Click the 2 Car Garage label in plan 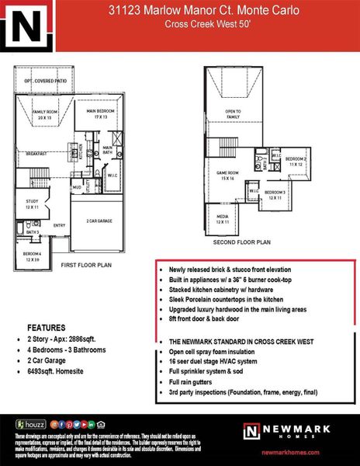(99, 221)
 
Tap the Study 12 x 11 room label (31, 204)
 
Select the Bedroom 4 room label (32, 256)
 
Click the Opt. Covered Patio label (43, 81)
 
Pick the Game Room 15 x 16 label (227, 176)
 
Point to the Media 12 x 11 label (223, 220)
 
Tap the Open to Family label (233, 113)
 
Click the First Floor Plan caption (85, 266)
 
